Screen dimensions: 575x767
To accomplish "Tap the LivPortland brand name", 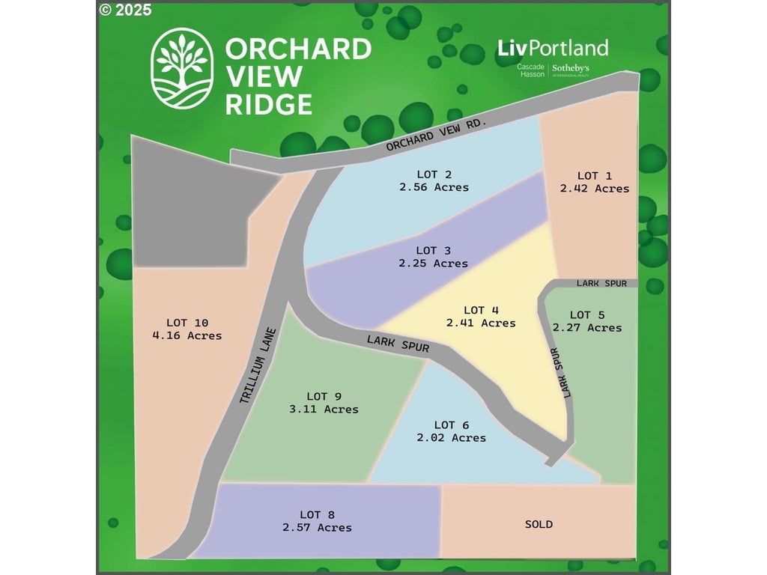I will click(x=553, y=49).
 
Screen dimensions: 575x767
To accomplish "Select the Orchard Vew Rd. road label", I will click(x=437, y=134).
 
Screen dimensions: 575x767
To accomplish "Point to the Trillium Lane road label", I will click(x=258, y=367).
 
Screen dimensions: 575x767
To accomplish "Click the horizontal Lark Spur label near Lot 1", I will click(x=601, y=284).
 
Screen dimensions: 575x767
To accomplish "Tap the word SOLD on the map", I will click(x=539, y=524).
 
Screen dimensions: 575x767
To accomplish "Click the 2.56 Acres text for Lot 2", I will click(x=434, y=187).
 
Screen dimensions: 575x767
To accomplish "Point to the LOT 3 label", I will click(x=433, y=250).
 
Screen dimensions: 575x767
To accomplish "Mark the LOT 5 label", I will click(x=586, y=314).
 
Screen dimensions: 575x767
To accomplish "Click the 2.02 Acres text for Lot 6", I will click(x=451, y=438).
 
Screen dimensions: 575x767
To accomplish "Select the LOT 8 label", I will click(x=317, y=514).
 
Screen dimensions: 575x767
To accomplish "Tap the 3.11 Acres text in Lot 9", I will click(x=324, y=410).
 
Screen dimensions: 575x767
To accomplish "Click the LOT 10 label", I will click(x=187, y=323).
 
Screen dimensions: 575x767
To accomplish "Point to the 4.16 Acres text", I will click(x=187, y=336).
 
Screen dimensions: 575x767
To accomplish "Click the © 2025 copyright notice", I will click(x=125, y=10).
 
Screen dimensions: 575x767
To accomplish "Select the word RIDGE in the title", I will click(x=268, y=104).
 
